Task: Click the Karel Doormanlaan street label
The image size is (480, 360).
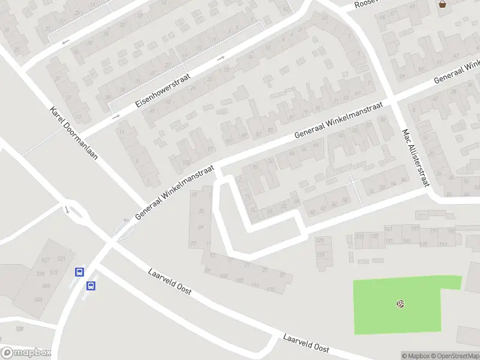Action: click(x=73, y=137)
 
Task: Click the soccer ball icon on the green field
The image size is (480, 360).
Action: click(x=400, y=304)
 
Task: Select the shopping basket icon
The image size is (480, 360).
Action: click(x=443, y=4)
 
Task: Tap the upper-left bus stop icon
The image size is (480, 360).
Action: click(x=79, y=272)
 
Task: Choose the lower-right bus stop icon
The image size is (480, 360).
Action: click(x=91, y=286)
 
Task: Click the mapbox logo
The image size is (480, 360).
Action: click(x=25, y=353)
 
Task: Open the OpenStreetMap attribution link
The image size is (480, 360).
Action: click(x=455, y=356)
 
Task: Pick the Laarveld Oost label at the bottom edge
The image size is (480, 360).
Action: click(x=307, y=344)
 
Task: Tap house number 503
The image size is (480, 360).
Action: click(x=38, y=300)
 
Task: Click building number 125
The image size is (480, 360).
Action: click(x=320, y=241)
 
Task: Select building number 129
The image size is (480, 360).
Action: click(x=320, y=254)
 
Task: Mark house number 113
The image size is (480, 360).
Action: click(x=270, y=289)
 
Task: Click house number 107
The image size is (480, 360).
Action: click(x=239, y=280)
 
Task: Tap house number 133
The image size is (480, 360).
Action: click(x=360, y=236)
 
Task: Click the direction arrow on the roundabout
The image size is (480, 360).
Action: click(x=67, y=209)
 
